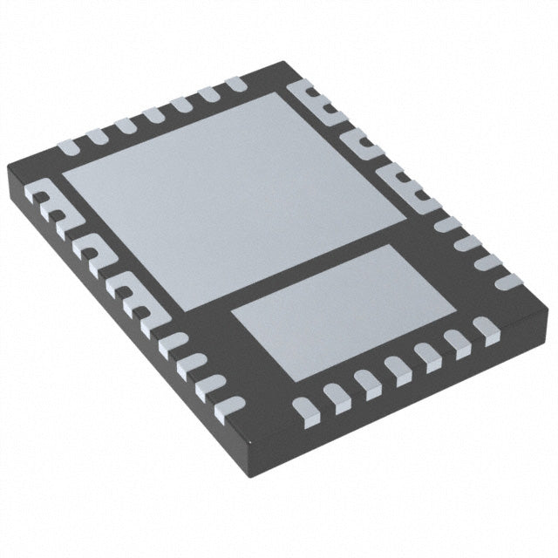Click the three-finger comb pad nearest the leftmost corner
click(52, 209)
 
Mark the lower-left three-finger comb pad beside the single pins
click(126, 291)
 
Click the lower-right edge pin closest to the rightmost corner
click(484, 330)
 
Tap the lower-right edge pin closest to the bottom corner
click(304, 407)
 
